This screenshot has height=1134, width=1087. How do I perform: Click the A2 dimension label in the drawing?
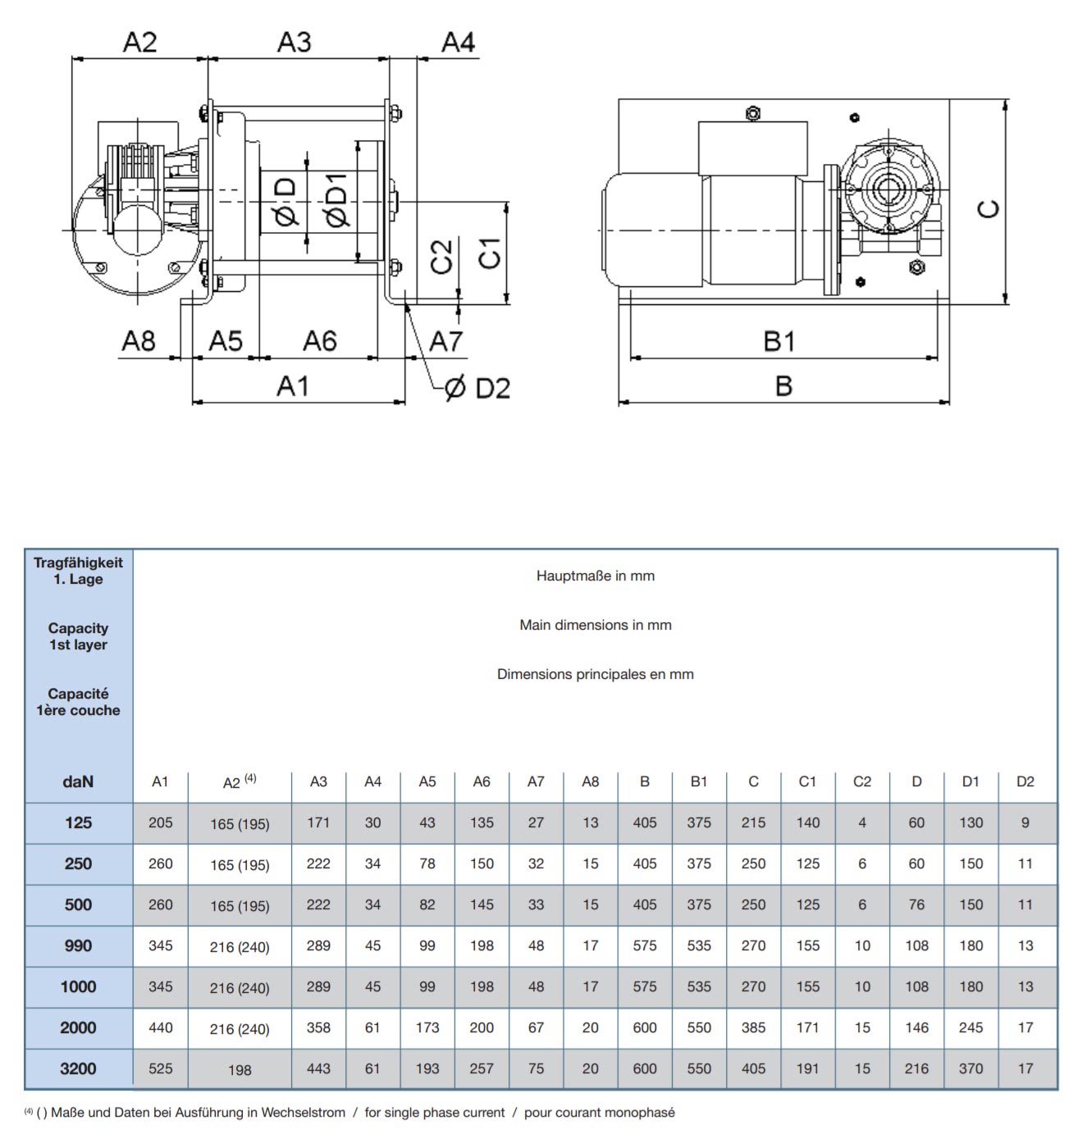(139, 42)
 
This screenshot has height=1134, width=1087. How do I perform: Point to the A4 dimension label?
(458, 42)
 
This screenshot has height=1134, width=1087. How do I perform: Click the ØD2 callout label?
(477, 388)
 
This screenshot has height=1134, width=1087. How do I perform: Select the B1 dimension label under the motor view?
(779, 341)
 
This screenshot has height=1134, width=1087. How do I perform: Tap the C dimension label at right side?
(990, 209)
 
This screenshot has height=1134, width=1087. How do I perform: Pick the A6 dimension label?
(320, 341)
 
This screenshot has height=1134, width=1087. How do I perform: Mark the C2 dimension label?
(441, 257)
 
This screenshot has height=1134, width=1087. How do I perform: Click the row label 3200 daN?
(78, 1068)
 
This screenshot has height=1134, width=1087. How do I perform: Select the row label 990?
(78, 945)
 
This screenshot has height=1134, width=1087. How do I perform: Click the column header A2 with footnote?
(239, 781)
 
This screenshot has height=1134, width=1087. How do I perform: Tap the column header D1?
(971, 781)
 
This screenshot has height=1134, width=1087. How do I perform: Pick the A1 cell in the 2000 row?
(161, 1027)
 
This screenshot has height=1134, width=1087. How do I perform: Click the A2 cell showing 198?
(240, 1069)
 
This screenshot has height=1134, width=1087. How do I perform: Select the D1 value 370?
(971, 1068)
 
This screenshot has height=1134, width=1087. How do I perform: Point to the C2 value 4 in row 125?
(862, 822)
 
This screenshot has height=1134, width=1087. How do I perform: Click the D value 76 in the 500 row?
(916, 904)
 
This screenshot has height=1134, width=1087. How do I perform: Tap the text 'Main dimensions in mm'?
(595, 625)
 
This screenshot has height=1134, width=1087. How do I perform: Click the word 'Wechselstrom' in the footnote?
(304, 1113)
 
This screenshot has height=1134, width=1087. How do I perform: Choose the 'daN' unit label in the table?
(78, 781)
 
